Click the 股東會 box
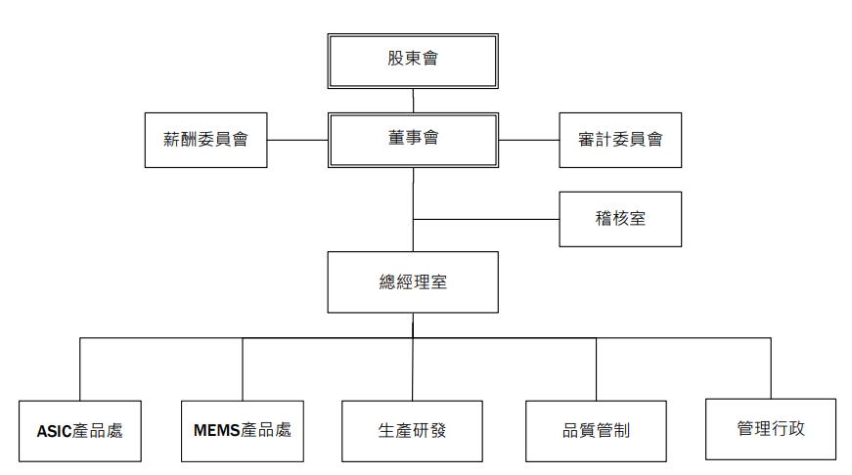point(413,61)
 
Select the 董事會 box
point(413,140)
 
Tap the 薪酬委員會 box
point(206,140)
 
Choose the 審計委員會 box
point(620,140)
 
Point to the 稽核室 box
point(620,219)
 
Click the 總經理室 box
point(413,281)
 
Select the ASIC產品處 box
point(80,431)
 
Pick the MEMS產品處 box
point(243,431)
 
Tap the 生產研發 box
point(412,431)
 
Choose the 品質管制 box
point(596,431)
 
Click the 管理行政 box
point(771,429)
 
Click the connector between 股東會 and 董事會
point(413,101)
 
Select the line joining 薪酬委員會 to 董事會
point(297,140)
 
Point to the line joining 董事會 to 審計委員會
point(528,140)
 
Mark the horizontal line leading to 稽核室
point(486,219)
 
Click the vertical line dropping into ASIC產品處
point(80,369)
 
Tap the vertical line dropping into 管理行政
point(771,368)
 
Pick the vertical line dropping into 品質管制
point(596,369)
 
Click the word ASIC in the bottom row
point(55,432)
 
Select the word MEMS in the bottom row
point(217,430)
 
